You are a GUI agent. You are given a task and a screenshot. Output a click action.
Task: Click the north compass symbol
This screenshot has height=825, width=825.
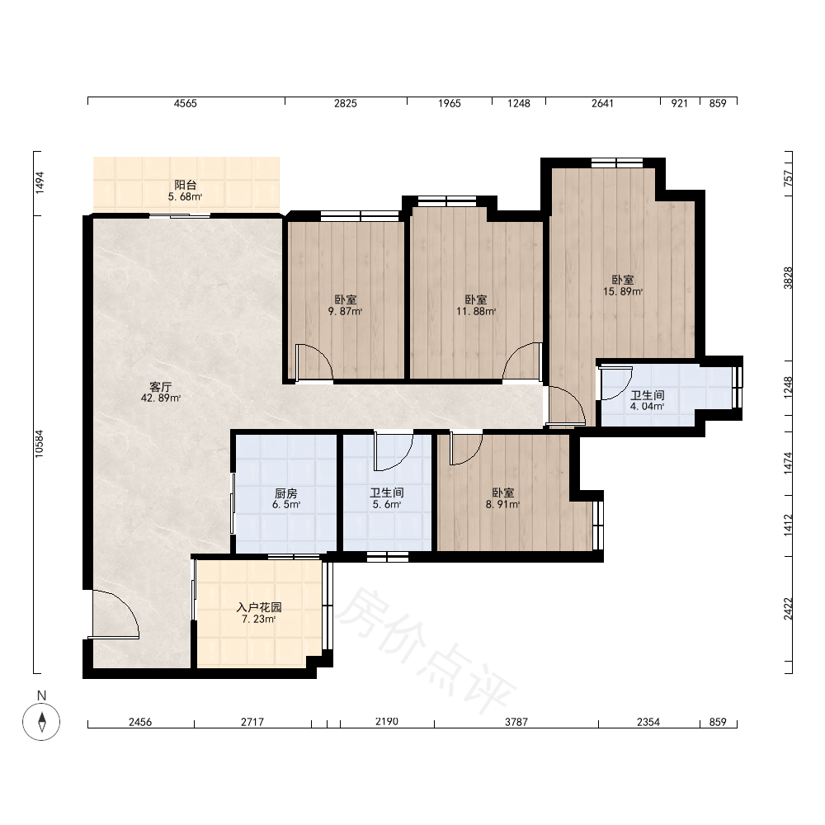click(41, 721)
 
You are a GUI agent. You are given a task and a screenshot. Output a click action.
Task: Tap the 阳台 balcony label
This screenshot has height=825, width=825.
click(185, 185)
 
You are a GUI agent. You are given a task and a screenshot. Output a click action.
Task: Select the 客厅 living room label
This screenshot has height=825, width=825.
click(161, 387)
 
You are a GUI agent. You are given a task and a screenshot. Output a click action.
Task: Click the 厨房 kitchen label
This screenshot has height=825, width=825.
click(285, 493)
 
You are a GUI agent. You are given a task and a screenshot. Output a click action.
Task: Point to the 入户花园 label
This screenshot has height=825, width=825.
click(259, 607)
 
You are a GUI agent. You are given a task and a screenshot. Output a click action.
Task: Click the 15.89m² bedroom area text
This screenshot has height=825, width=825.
click(622, 291)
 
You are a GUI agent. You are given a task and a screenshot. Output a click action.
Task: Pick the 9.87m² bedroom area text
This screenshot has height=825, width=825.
click(345, 311)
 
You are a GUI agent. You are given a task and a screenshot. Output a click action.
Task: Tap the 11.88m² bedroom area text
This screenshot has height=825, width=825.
click(476, 311)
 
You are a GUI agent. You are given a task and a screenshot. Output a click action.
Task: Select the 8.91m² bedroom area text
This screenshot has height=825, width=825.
click(502, 505)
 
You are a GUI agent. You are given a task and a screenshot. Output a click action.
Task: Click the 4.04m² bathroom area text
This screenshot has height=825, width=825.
click(647, 406)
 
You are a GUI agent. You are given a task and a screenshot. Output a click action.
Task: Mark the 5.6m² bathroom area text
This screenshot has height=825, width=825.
click(387, 505)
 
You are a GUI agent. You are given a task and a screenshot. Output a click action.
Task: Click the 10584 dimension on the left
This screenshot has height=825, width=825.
click(40, 444)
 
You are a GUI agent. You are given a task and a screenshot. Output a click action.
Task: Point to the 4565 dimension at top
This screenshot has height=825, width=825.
click(185, 104)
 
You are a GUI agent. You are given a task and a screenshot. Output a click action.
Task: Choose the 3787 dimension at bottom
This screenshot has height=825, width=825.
click(516, 723)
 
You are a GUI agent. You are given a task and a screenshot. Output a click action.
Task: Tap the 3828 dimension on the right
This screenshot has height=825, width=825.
click(788, 278)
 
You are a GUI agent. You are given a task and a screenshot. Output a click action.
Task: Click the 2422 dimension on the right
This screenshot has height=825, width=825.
click(788, 609)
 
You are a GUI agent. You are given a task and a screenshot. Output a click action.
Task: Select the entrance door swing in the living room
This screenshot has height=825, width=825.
click(115, 614)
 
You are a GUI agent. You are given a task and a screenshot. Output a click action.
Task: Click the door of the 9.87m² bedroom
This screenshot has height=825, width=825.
click(314, 362)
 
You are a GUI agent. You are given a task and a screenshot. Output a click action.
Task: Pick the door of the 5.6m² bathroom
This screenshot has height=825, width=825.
click(393, 451)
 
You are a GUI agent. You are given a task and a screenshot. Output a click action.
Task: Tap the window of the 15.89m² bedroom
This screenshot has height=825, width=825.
click(616, 163)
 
